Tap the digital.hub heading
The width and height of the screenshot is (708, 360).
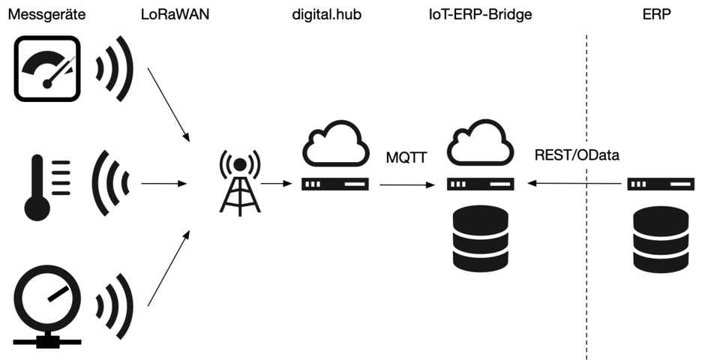327,14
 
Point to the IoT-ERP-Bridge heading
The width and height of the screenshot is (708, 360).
481,14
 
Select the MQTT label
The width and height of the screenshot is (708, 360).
406,158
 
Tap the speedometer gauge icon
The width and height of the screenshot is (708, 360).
47,70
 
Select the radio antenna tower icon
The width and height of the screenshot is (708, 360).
239,182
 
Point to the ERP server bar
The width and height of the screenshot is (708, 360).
660,184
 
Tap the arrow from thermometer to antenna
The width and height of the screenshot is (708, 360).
163,184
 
